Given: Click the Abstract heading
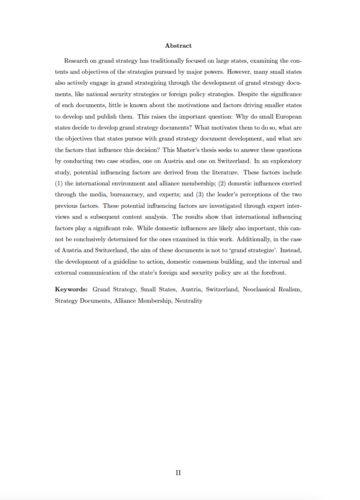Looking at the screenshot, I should tap(178, 46).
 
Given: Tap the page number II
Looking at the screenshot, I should tap(178, 473).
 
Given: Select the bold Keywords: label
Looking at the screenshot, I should tap(71, 289).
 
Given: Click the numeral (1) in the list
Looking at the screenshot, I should tap(59, 183).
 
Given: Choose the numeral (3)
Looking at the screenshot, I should tap(199, 194).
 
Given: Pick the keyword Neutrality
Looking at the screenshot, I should tap(189, 301).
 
